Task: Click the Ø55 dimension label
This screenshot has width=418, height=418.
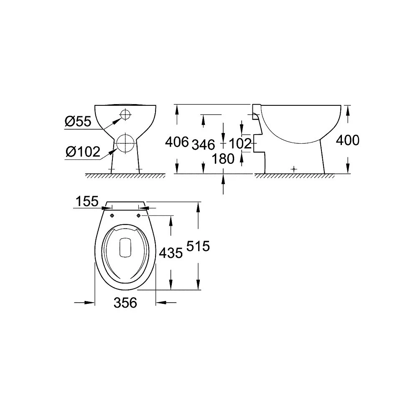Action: point(78,122)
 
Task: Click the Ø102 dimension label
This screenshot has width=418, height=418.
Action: point(83,152)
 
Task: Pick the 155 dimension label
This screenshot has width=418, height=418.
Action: point(87,201)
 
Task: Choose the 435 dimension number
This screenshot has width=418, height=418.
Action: point(171,252)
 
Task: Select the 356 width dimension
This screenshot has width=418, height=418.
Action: point(125,302)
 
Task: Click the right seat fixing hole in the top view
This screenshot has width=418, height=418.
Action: point(138,215)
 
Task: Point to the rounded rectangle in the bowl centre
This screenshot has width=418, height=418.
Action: point(125,247)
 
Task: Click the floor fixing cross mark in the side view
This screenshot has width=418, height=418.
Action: point(295,169)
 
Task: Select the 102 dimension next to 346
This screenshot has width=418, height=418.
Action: point(241,144)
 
